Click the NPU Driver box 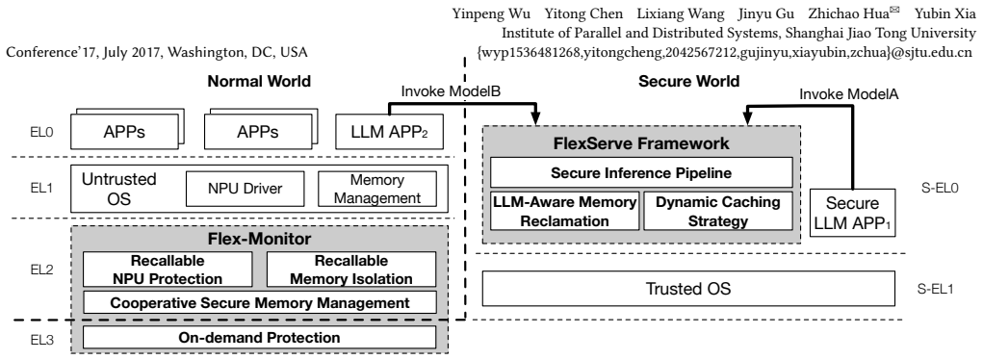point(246,188)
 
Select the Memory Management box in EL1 point(376,188)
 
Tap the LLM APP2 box point(389,131)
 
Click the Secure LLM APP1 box point(852,213)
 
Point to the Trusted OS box point(688,289)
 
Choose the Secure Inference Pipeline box point(641,172)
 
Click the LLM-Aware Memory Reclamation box point(565,211)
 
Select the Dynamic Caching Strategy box point(718,211)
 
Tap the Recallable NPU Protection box point(168,270)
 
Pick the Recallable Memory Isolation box point(351,270)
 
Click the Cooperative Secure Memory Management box point(260,302)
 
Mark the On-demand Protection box point(260,338)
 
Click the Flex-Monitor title point(260,239)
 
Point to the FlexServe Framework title point(641,143)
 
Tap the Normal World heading point(259,81)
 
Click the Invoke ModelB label point(451,90)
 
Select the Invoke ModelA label point(849,94)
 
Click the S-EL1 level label point(936,289)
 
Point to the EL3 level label point(42,341)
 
